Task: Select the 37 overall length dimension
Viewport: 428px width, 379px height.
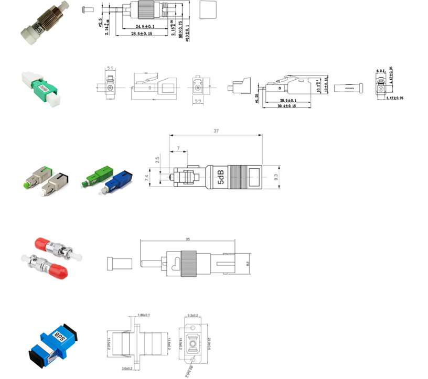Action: (x=216, y=131)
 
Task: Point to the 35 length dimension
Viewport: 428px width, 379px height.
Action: (x=187, y=239)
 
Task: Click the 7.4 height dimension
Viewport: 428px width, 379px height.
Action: (x=147, y=179)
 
